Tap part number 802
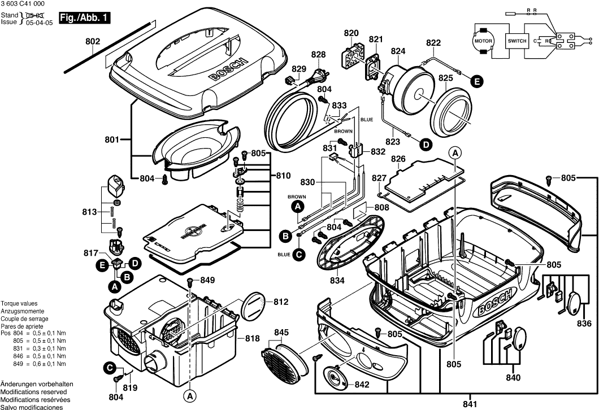tap(93, 41)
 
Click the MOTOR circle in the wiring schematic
tap(483, 42)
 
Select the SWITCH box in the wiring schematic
tap(516, 41)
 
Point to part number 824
tap(398, 51)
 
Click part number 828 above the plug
tap(319, 55)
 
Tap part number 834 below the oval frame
tap(337, 280)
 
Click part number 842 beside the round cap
tap(362, 385)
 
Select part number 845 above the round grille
tap(282, 332)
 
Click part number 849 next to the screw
tap(208, 280)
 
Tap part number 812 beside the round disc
tap(281, 302)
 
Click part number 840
tap(513, 377)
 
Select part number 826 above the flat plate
tap(398, 159)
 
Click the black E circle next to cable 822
tap(478, 81)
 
